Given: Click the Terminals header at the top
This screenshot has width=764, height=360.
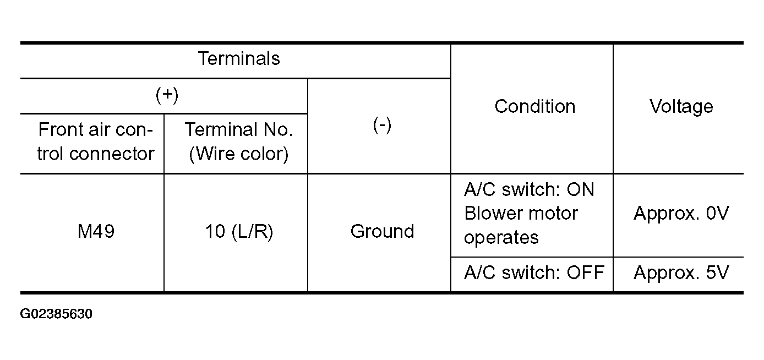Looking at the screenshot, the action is (239, 58).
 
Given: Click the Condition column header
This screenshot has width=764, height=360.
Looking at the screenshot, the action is (535, 106).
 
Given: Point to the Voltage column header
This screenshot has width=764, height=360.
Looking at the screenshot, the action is (681, 106).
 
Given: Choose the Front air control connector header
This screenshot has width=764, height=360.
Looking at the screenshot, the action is (96, 141).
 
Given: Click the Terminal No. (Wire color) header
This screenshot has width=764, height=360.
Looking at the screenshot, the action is (239, 141).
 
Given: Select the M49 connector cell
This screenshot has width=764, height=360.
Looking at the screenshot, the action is (96, 231).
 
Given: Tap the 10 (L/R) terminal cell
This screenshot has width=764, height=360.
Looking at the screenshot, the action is (239, 231).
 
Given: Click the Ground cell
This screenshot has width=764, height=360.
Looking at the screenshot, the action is (382, 231).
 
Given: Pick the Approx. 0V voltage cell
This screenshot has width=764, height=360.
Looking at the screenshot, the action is (681, 213).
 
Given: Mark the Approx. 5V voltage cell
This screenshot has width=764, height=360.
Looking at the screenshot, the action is (681, 272).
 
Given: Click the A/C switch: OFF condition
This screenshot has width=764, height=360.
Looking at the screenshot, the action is (534, 272).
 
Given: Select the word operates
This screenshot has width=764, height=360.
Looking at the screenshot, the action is (501, 238).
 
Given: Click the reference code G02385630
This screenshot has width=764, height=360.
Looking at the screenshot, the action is (56, 314).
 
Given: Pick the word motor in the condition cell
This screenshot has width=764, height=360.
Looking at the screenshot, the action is (552, 214).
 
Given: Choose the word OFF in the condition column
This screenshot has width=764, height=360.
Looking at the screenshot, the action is (586, 272).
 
